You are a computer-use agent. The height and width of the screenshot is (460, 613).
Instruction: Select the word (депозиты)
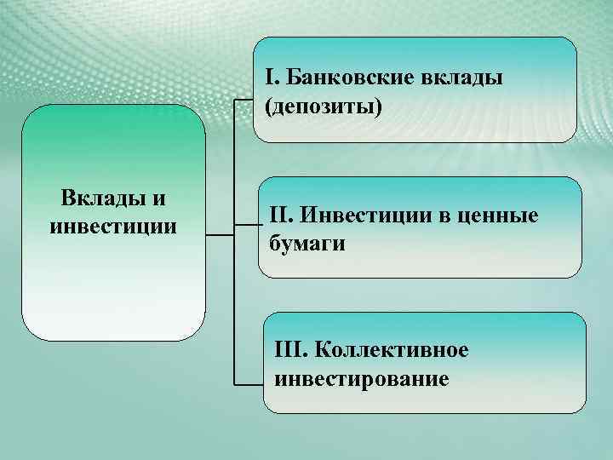324,107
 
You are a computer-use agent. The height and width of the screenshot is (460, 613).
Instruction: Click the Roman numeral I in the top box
269,79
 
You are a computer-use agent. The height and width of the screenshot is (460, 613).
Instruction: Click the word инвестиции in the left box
114,227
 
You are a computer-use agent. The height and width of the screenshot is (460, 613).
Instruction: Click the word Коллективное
392,350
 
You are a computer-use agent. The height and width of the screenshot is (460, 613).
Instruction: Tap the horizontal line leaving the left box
219,233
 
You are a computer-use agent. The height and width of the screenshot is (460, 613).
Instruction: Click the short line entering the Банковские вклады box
244,99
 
